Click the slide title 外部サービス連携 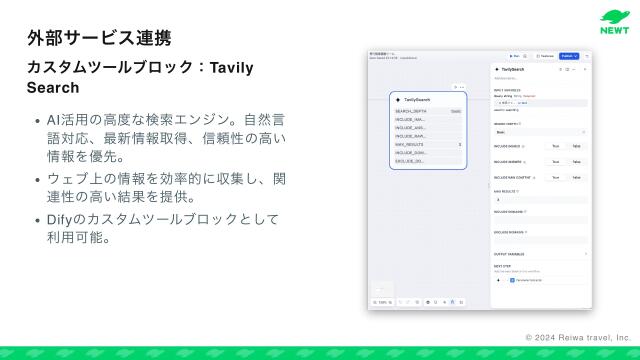pyautogui.click(x=99, y=38)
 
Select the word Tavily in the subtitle pyautogui.click(x=233, y=67)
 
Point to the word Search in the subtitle pyautogui.click(x=53, y=88)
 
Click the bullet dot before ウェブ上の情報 pyautogui.click(x=37, y=179)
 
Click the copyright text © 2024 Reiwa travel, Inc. pyautogui.click(x=578, y=339)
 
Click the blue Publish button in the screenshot pyautogui.click(x=569, y=56)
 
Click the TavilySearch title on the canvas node pyautogui.click(x=418, y=100)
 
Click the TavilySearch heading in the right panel pyautogui.click(x=518, y=69)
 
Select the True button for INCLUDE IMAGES pyautogui.click(x=555, y=146)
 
